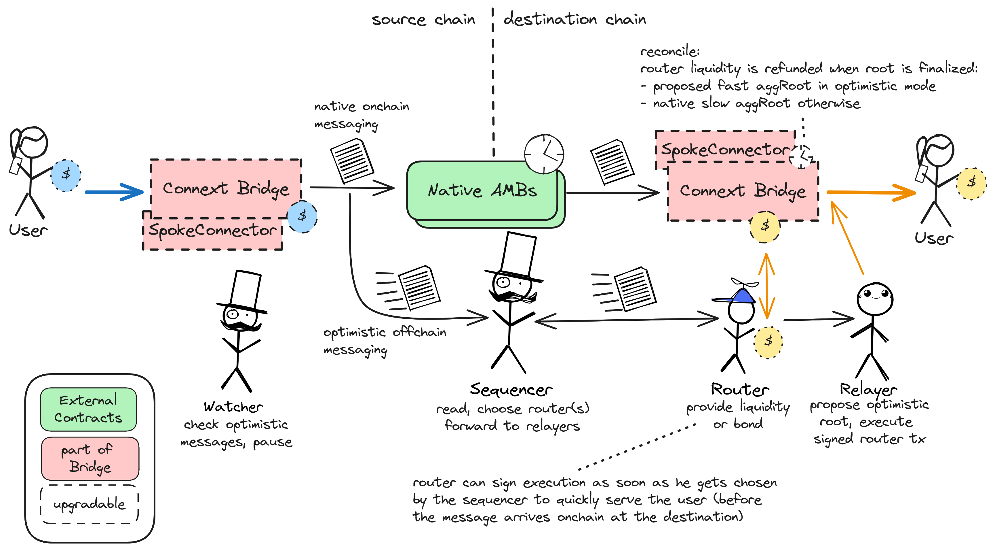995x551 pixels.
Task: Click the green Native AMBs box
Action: [x=483, y=191]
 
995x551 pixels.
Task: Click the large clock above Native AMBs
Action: [x=544, y=154]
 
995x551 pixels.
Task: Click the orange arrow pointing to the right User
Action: [x=871, y=192]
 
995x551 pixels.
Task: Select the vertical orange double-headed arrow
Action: [x=766, y=286]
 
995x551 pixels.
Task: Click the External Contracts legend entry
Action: [x=88, y=409]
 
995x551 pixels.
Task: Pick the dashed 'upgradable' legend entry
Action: [x=89, y=504]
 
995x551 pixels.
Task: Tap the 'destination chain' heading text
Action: [x=575, y=19]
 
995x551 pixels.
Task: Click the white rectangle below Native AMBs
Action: [x=518, y=254]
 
